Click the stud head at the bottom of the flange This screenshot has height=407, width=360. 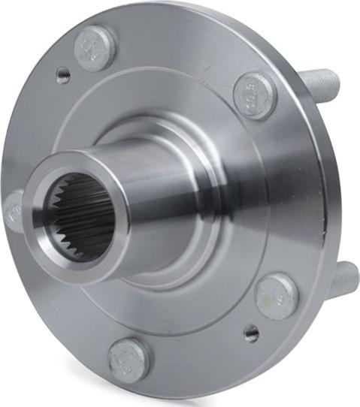(x=129, y=359)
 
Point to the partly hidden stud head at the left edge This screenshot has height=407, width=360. (x=12, y=210)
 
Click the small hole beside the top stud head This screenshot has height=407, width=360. (x=63, y=74)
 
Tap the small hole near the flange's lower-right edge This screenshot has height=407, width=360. (x=251, y=331)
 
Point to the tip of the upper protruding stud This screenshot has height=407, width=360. (x=335, y=78)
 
